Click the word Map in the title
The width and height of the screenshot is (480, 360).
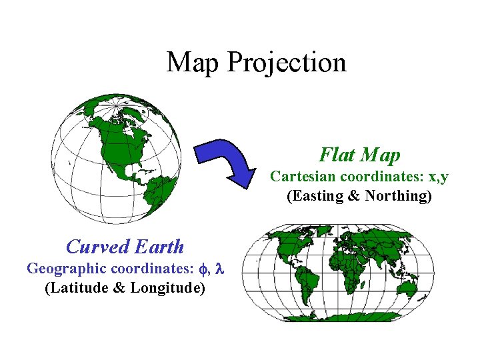(193, 63)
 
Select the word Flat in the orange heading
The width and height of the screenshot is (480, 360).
(337, 155)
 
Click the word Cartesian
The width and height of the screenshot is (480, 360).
(303, 177)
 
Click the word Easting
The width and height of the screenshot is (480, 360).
(318, 196)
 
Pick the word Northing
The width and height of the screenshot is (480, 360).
(397, 196)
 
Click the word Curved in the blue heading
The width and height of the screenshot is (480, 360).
(97, 247)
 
